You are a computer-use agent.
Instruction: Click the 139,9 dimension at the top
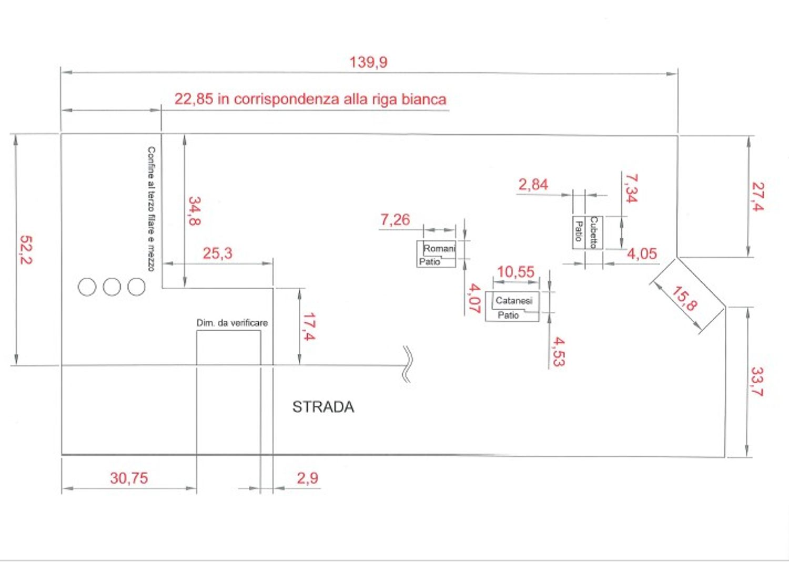click(368, 63)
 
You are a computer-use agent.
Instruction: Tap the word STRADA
click(323, 407)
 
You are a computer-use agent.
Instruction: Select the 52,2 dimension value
click(26, 250)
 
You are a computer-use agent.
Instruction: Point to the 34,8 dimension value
click(195, 211)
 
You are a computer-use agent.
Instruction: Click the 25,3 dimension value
click(217, 253)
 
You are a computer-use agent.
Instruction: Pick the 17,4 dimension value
click(309, 326)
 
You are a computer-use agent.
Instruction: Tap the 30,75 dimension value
click(129, 478)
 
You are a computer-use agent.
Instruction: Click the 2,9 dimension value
click(308, 478)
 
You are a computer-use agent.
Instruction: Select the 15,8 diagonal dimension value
click(684, 299)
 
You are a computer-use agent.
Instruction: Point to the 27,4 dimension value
click(757, 197)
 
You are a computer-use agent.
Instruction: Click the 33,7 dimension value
click(757, 382)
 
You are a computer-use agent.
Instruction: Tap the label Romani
click(439, 248)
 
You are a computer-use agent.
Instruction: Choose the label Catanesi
click(514, 300)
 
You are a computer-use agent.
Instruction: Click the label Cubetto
click(594, 232)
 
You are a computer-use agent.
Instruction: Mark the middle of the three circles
click(112, 287)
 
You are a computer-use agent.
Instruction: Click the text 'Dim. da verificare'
click(232, 323)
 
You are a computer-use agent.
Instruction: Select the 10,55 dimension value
click(515, 272)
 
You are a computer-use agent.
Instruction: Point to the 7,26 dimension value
click(395, 220)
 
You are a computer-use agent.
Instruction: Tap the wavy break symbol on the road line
click(408, 364)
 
